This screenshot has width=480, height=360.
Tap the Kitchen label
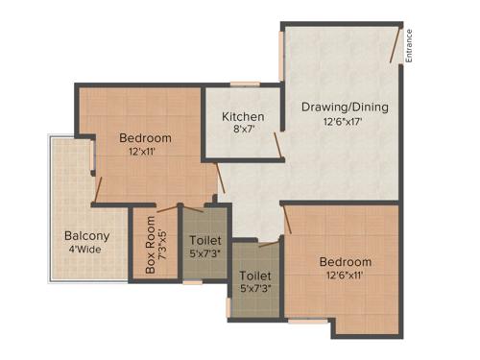[243, 116]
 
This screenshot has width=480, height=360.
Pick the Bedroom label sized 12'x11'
[146, 137]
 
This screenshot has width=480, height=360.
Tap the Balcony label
[87, 236]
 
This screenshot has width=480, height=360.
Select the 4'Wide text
[87, 251]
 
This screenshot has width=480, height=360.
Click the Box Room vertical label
[151, 249]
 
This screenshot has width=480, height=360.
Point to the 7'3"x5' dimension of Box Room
[164, 249]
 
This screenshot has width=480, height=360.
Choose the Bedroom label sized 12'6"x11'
[345, 262]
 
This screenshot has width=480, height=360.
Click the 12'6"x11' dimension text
[345, 277]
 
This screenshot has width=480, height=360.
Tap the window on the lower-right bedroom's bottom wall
[307, 322]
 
